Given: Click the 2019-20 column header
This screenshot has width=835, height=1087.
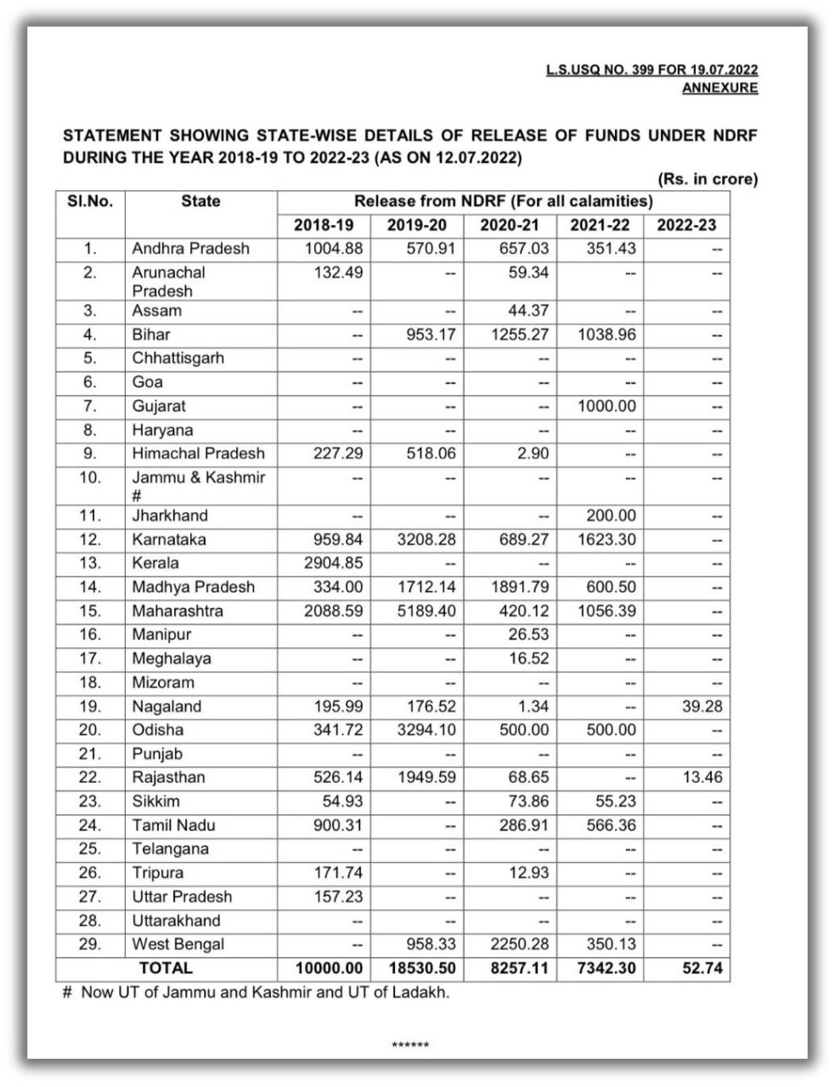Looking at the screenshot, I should (417, 225).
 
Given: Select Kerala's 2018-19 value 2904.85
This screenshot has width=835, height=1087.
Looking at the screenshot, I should (333, 563).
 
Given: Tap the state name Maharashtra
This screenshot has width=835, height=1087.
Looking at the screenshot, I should (178, 611).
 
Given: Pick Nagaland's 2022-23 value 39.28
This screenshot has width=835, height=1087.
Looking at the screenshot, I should (702, 707).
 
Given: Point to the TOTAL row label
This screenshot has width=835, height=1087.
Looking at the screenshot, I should (166, 968).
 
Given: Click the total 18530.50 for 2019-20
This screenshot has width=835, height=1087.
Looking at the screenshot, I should (417, 968).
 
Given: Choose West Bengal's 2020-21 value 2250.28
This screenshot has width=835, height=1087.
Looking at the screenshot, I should (514, 944).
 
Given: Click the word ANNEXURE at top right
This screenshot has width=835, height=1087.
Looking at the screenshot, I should (719, 87).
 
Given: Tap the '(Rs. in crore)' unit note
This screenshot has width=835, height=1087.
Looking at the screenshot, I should (707, 179).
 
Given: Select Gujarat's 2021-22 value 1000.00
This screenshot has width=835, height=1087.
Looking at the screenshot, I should (607, 406).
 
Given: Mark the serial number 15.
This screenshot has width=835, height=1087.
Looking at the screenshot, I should (90, 611).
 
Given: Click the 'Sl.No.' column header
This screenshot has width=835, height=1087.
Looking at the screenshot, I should (90, 201).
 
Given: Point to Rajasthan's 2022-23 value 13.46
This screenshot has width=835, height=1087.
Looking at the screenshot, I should (702, 778).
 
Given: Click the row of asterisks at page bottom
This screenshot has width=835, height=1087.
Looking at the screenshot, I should (410, 1045).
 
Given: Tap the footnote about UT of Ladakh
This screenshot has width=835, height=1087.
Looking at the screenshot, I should (256, 992).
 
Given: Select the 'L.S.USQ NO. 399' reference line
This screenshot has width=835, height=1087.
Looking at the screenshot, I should (652, 70).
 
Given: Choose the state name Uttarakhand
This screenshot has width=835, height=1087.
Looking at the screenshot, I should (176, 921).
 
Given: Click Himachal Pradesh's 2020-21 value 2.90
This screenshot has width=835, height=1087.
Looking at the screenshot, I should (533, 453).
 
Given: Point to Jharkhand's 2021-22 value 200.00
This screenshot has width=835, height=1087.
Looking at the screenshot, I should (611, 515).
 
